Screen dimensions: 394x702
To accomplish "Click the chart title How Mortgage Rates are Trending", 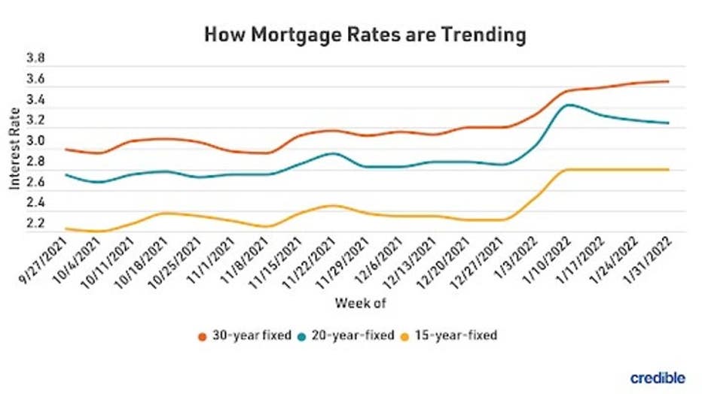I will (x=365, y=35).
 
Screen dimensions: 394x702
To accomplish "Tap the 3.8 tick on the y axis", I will (x=35, y=59).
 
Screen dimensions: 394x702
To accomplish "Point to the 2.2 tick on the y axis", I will (x=35, y=224).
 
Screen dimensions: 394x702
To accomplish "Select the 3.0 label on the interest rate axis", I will (x=35, y=141).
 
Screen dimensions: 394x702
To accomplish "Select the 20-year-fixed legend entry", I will (x=351, y=335).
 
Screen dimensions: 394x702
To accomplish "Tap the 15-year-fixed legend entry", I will (x=455, y=335).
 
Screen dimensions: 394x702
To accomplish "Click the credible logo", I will (x=657, y=376).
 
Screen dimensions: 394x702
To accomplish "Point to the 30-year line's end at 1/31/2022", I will (x=668, y=81).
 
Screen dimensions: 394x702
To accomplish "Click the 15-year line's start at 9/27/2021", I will (x=67, y=228).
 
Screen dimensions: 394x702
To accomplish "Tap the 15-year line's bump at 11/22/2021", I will (x=332, y=205).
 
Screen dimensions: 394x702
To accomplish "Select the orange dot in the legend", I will (x=203, y=336).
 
